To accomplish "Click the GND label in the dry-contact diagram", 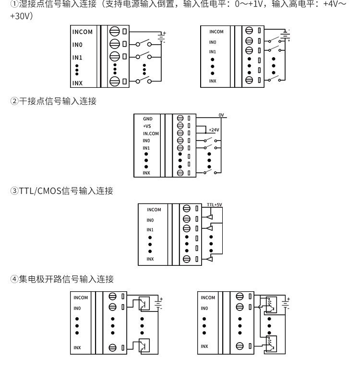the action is pos(148,119).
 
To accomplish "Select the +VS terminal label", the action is pos(147,126).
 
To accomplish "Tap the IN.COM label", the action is pos(151,134).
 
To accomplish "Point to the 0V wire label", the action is pos(221,115).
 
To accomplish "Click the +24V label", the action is pos(214,130).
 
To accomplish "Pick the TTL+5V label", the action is pos(215,205).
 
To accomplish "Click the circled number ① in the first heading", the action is pos(14,4).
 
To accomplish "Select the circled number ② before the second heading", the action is pos(14,101).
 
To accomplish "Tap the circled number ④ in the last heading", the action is pos(14,279).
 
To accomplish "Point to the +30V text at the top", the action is pos(22,16).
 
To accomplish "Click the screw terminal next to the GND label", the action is pos(180,118).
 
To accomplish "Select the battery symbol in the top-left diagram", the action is pos(161,37).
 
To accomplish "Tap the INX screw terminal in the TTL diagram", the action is pos(186,259).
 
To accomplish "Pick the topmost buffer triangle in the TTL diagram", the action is pos(209,217).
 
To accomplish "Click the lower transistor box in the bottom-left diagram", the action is pos(144,345).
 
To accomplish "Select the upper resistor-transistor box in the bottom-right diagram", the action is pos(271,305).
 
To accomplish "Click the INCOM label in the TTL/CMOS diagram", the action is pos(154,210).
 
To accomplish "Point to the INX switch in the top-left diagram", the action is pos(144,81).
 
